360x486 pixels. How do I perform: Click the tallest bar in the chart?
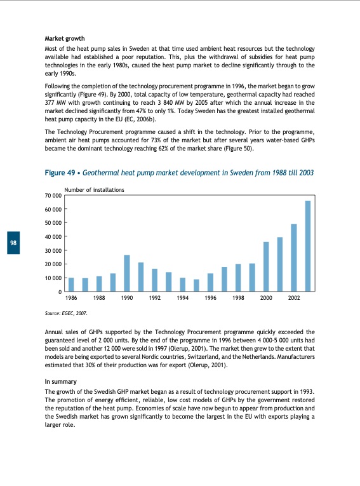click(x=308, y=246)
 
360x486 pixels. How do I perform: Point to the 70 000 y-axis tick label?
click(x=53, y=195)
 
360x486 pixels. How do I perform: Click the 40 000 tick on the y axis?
click(x=53, y=236)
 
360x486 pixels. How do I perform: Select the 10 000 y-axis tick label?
click(x=53, y=278)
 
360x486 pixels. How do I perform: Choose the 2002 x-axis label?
click(x=293, y=297)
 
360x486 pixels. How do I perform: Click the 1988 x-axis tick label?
click(x=99, y=297)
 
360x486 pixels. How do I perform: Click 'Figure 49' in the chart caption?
click(x=61, y=172)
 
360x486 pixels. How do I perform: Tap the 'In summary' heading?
click(x=61, y=381)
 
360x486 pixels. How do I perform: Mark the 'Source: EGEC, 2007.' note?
click(x=66, y=314)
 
